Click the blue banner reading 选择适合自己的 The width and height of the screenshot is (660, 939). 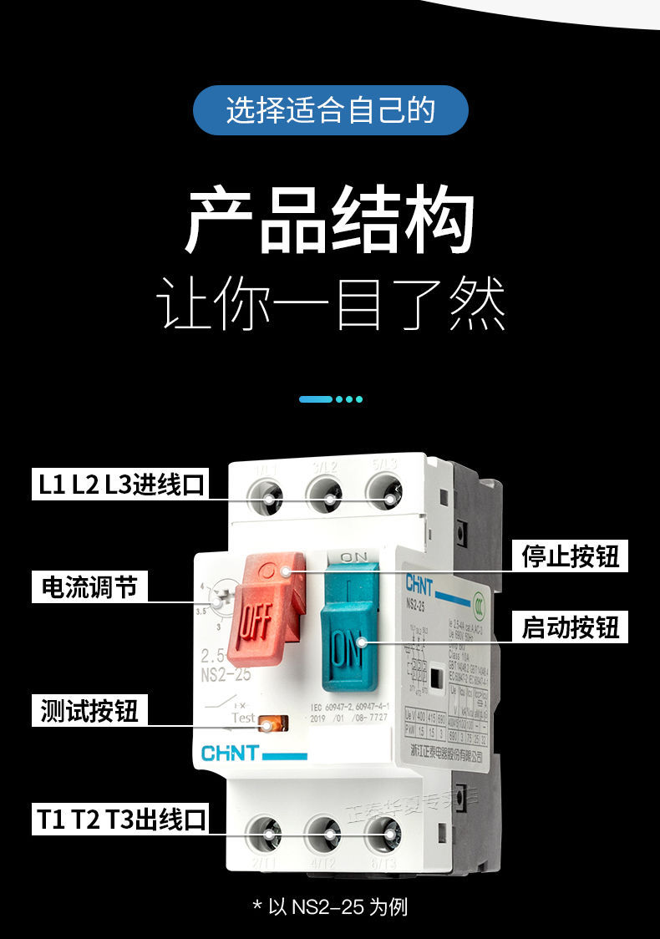point(330,109)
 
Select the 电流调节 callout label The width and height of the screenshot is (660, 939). point(89,586)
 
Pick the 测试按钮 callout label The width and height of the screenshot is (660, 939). point(89,710)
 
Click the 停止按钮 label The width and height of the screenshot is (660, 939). point(571,556)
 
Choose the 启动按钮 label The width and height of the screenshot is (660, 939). point(571,627)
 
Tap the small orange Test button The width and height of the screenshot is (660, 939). point(270,723)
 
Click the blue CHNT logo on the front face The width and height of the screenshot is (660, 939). point(231,754)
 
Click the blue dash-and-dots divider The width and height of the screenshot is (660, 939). point(330,399)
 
